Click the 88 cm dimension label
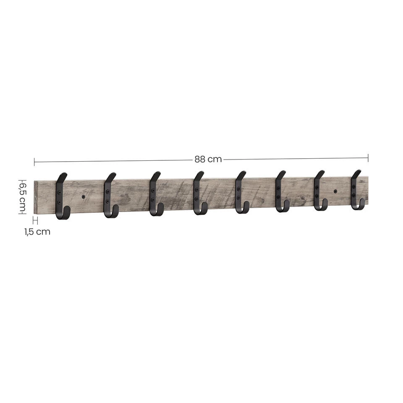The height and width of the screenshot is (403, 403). [208, 160]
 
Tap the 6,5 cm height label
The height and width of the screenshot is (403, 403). [22, 196]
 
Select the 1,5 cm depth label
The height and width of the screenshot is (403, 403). [37, 231]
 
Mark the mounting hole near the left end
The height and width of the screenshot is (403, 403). [84, 196]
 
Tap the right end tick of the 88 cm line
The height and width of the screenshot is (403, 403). [368, 158]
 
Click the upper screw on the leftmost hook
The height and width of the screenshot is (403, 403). [59, 193]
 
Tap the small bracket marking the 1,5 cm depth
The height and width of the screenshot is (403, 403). [35, 221]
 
